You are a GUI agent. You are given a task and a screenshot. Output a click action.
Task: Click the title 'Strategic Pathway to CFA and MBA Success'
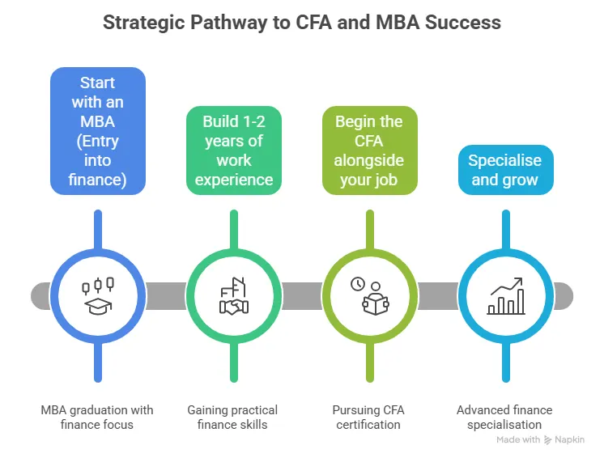(302, 22)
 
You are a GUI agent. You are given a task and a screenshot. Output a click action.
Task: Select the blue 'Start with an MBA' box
(98, 130)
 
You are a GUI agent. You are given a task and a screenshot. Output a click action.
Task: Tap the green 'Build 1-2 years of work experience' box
(234, 150)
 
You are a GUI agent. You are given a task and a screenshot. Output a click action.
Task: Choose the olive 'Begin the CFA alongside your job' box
(368, 150)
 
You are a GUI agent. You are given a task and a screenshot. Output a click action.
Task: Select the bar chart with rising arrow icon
(505, 297)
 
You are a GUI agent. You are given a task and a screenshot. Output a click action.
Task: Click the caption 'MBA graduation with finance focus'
(97, 417)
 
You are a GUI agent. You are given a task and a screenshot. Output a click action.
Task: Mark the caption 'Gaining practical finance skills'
(232, 417)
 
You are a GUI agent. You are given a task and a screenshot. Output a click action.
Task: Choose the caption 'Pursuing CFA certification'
(368, 417)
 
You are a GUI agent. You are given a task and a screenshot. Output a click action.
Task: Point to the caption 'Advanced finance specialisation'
(504, 417)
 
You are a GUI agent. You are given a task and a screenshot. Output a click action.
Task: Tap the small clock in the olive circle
(357, 284)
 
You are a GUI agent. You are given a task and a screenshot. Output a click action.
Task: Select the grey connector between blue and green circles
(166, 295)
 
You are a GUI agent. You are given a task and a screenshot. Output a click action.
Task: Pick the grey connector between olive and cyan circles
(437, 295)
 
